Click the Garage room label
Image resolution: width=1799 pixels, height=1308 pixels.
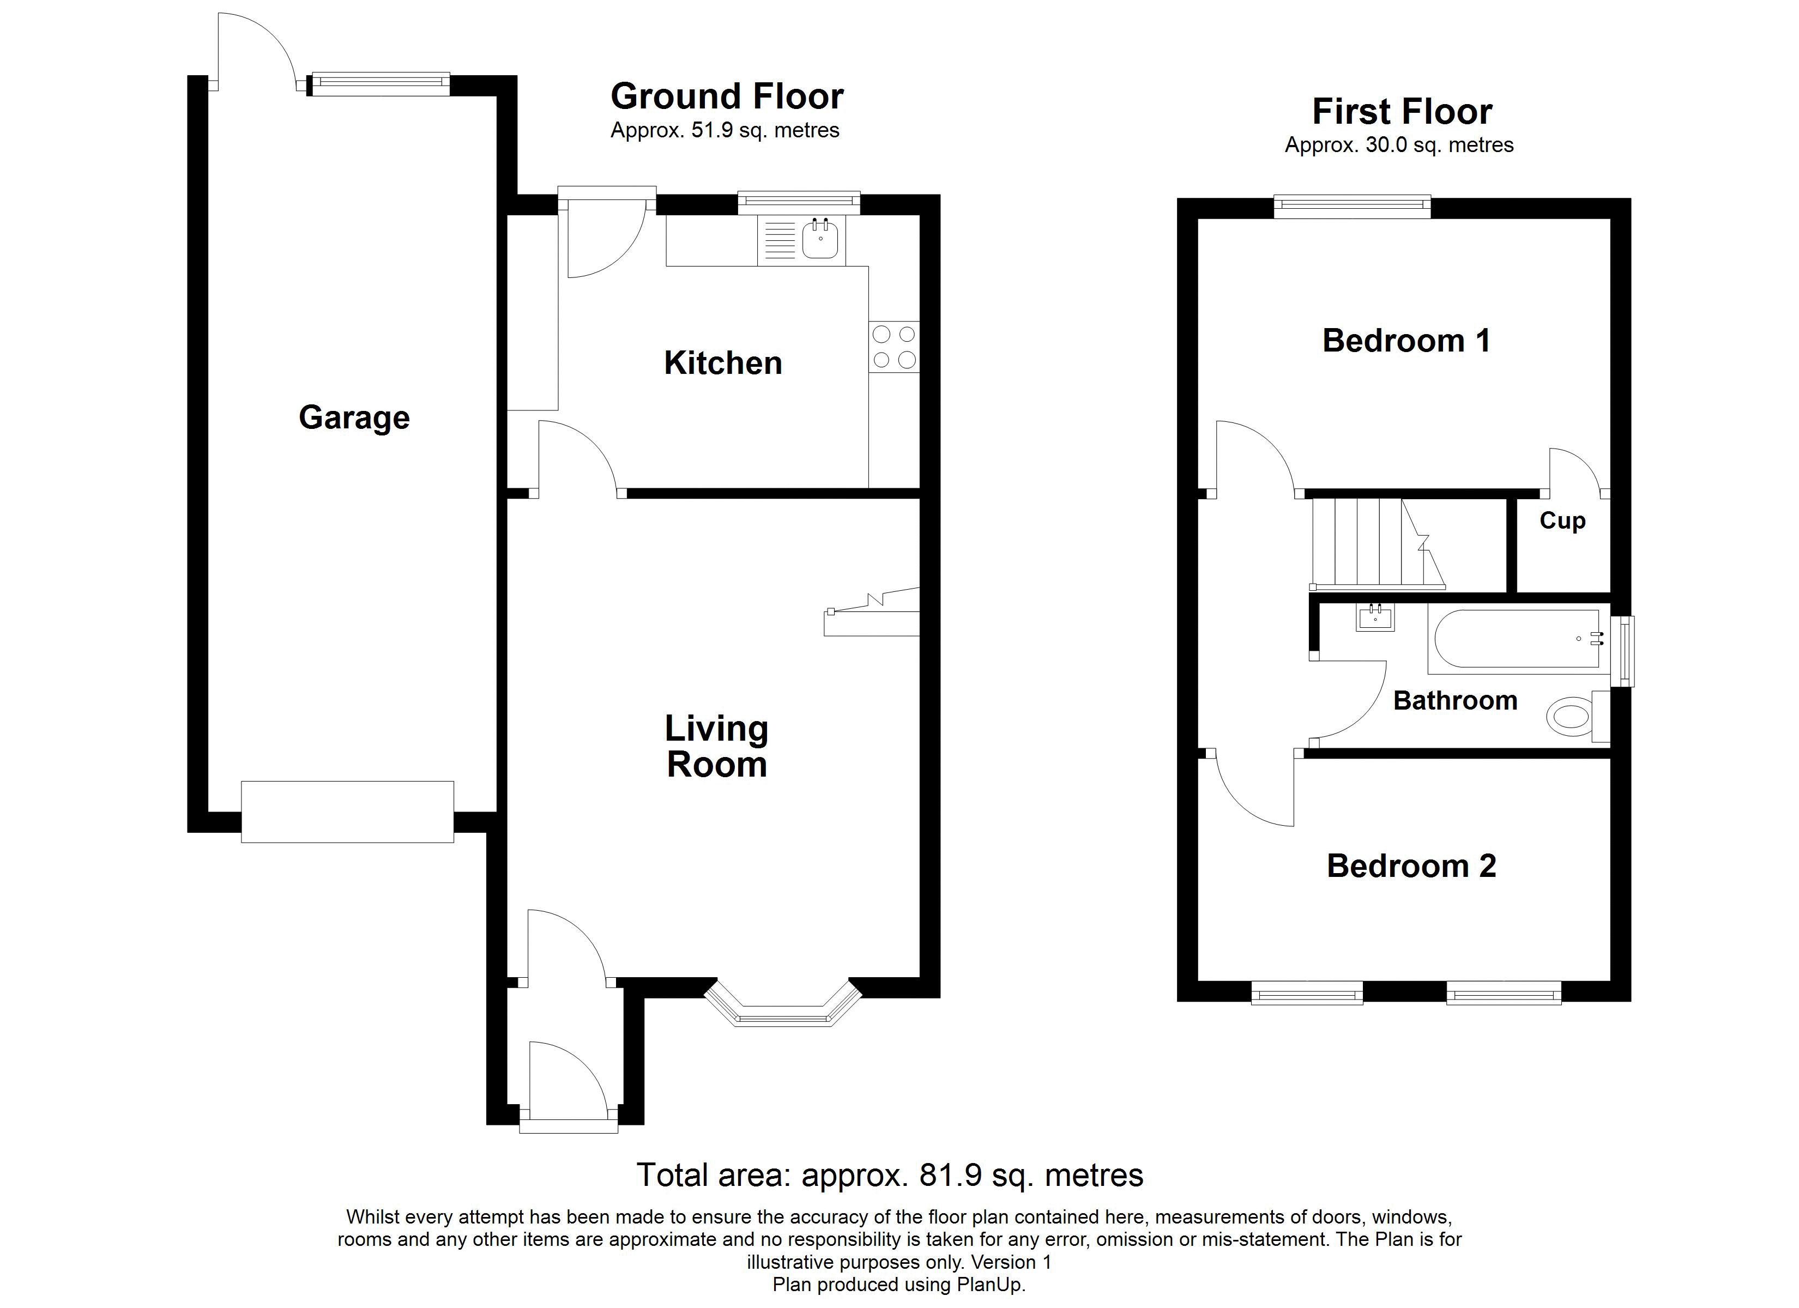[x=354, y=418]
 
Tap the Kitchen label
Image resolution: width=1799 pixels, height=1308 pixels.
[x=723, y=364]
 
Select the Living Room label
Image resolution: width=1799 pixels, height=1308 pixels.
[x=716, y=747]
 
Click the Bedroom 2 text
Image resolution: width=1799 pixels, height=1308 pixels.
[x=1411, y=866]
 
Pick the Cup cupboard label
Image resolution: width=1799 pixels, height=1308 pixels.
[x=1562, y=521]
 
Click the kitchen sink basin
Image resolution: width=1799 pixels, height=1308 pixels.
[x=820, y=238]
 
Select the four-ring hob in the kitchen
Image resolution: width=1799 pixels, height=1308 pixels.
[x=894, y=347]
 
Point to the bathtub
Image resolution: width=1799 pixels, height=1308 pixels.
[x=1518, y=639]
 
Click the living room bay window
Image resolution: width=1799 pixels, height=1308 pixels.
[x=783, y=1006]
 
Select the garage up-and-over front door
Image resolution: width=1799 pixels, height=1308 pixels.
[x=347, y=812]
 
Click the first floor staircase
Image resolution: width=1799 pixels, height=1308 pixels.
[x=1378, y=544]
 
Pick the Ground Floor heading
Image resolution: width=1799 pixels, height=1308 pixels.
[x=727, y=97]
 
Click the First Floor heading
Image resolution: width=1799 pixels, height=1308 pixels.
[x=1402, y=112]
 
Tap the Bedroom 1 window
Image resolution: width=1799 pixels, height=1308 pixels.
[x=1353, y=208]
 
